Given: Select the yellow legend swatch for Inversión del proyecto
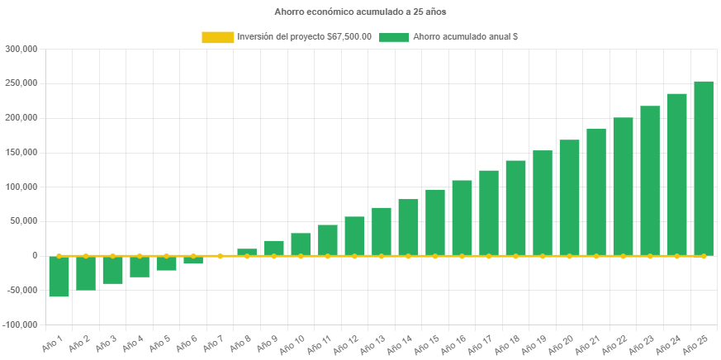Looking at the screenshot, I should point(217,37).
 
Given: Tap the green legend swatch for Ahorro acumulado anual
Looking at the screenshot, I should point(394,37).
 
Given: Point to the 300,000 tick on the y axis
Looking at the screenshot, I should point(22,49).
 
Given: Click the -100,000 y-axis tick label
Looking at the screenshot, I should point(21,324).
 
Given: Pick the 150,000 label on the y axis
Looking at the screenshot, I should point(22,152).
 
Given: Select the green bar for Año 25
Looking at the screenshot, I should point(704,168).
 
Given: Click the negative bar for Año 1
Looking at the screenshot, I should point(59,277).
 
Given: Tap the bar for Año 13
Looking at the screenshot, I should point(382,231).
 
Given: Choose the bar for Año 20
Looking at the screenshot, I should point(569,197).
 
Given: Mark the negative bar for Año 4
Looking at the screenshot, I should point(140,267).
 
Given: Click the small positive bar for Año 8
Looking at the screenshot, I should point(247,252).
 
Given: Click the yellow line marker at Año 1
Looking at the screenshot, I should point(59,256).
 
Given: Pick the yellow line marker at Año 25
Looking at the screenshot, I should point(704,256).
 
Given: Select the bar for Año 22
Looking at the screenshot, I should point(623,187).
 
